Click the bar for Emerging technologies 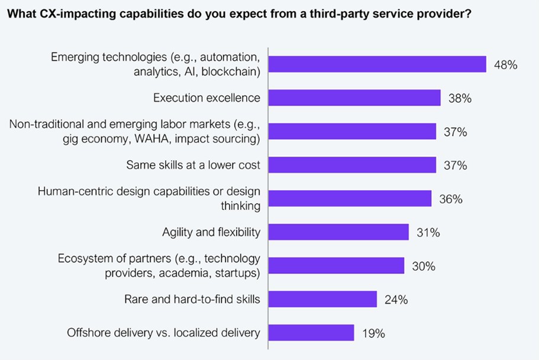(x=377, y=64)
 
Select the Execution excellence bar (x=354, y=98)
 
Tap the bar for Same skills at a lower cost (x=352, y=165)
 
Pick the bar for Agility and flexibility (x=338, y=232)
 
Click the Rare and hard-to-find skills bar (x=322, y=299)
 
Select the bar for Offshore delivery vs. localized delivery (x=311, y=333)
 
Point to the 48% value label (x=505, y=65)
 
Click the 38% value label (x=459, y=99)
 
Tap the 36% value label (x=450, y=199)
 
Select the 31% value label (x=427, y=233)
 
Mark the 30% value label (x=423, y=267)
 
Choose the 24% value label (x=395, y=300)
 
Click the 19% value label (x=373, y=333)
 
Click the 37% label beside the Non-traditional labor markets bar (x=455, y=132)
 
